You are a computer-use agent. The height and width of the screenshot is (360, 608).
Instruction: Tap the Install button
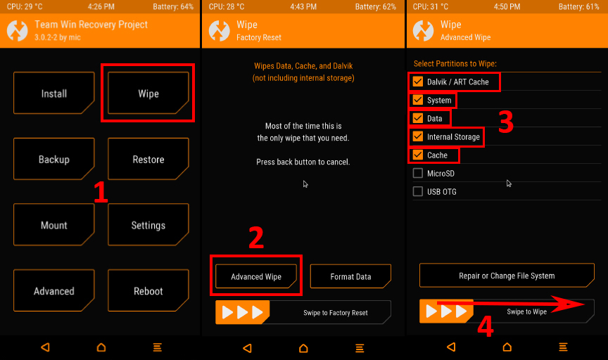tap(54, 93)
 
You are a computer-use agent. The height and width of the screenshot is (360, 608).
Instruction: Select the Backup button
tap(54, 159)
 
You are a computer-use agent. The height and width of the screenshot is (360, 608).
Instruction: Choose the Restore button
tap(148, 159)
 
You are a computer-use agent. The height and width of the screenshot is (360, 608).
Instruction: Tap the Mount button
tap(54, 225)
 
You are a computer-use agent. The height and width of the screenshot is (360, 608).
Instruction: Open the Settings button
tap(148, 225)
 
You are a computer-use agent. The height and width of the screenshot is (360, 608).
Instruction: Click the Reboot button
tap(148, 290)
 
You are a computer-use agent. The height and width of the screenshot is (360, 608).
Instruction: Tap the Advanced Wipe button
tap(256, 276)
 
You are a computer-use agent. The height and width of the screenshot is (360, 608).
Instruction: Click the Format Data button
tap(350, 276)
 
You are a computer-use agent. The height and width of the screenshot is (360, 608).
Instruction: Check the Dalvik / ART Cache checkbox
tap(417, 82)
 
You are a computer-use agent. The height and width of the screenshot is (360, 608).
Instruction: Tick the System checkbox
tap(417, 100)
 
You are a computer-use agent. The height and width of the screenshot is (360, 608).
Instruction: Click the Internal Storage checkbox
tap(417, 136)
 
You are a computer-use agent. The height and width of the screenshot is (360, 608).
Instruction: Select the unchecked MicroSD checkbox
tap(417, 173)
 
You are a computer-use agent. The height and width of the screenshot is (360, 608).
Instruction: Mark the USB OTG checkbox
tap(417, 191)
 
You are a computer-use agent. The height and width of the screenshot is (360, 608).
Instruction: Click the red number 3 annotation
tap(506, 122)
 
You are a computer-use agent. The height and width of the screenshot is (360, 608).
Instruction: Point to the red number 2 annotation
tap(256, 238)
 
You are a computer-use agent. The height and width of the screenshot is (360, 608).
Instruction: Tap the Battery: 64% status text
tap(173, 6)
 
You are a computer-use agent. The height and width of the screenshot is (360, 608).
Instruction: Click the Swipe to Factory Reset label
tap(336, 313)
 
